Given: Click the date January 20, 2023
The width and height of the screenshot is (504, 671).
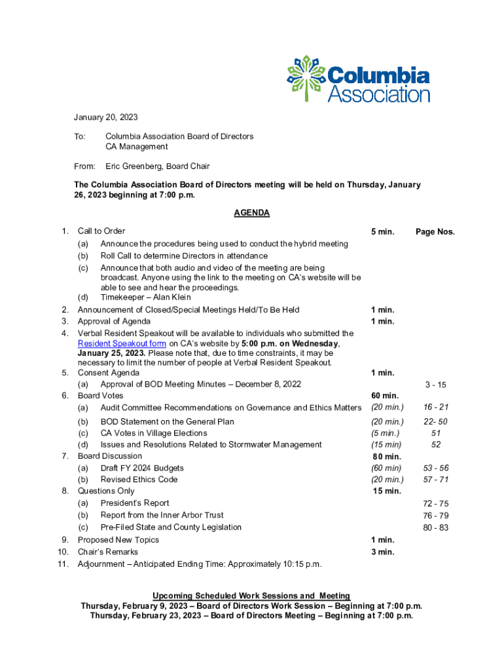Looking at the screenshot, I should (x=105, y=117).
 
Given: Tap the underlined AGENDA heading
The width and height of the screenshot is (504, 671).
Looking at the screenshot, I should (x=251, y=213).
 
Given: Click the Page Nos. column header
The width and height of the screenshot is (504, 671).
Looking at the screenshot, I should (x=435, y=232).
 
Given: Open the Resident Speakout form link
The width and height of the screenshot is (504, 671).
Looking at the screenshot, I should (x=121, y=343).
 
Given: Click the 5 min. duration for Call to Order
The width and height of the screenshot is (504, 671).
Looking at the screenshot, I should (x=382, y=232).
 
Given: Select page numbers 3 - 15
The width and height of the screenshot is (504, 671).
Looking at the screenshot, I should (x=435, y=385).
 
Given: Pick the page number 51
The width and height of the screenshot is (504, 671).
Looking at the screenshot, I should (x=436, y=433).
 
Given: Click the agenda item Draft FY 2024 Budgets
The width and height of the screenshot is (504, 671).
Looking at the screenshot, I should (x=142, y=468).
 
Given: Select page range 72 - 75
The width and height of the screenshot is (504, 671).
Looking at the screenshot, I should (x=435, y=503).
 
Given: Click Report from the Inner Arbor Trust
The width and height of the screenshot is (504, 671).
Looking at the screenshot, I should (x=162, y=515).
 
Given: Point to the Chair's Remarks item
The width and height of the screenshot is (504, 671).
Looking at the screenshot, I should (x=108, y=552).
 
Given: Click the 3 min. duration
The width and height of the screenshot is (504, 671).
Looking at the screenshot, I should (x=382, y=552).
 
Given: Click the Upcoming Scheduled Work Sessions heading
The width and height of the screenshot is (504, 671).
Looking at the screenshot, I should (x=251, y=596).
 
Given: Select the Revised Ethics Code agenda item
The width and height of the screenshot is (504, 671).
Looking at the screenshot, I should (x=139, y=480).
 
